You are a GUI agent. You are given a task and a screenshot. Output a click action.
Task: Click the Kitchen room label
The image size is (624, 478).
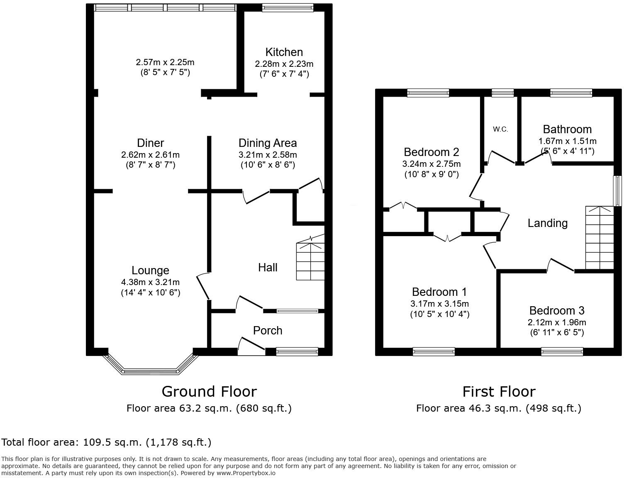click(x=284, y=52)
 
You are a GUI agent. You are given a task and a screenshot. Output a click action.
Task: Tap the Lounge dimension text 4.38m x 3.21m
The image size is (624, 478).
click(x=150, y=282)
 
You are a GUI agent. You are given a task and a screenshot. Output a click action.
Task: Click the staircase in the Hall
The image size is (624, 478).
click(x=310, y=261)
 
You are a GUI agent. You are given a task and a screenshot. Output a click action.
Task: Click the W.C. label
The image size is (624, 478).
click(x=500, y=129)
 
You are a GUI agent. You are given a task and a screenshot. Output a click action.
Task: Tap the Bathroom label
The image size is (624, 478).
click(x=567, y=129)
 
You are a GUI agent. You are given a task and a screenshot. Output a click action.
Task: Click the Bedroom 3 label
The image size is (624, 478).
click(x=557, y=310)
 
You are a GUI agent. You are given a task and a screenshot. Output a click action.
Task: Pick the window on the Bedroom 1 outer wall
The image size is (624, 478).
click(x=434, y=352)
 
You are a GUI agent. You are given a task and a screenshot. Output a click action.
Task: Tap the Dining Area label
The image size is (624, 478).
click(x=268, y=143)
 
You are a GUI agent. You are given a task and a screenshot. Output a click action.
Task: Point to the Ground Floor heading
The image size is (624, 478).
click(x=209, y=391)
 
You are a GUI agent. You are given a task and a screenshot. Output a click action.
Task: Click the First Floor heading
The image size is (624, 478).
click(x=499, y=391)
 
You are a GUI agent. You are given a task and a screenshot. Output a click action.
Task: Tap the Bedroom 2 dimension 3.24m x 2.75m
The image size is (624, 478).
click(x=431, y=164)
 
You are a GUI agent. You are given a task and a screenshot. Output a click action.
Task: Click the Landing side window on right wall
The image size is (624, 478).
click(x=617, y=191)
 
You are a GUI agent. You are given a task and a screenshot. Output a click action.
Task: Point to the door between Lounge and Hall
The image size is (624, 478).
click(x=203, y=286)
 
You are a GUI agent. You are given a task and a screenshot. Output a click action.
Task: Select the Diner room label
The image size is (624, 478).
click(x=150, y=143)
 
